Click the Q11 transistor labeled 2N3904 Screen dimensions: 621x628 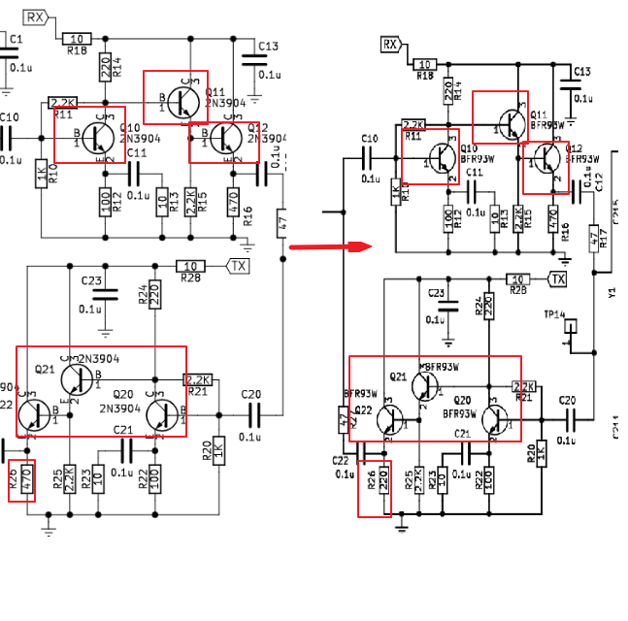181,98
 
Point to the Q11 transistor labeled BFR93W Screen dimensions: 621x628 507,119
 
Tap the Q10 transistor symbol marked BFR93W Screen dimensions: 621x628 443,156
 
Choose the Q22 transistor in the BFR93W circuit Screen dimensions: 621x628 390,419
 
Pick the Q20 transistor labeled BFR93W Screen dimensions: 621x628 494,419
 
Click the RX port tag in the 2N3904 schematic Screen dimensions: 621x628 36,17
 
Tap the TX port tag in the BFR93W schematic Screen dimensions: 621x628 557,279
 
